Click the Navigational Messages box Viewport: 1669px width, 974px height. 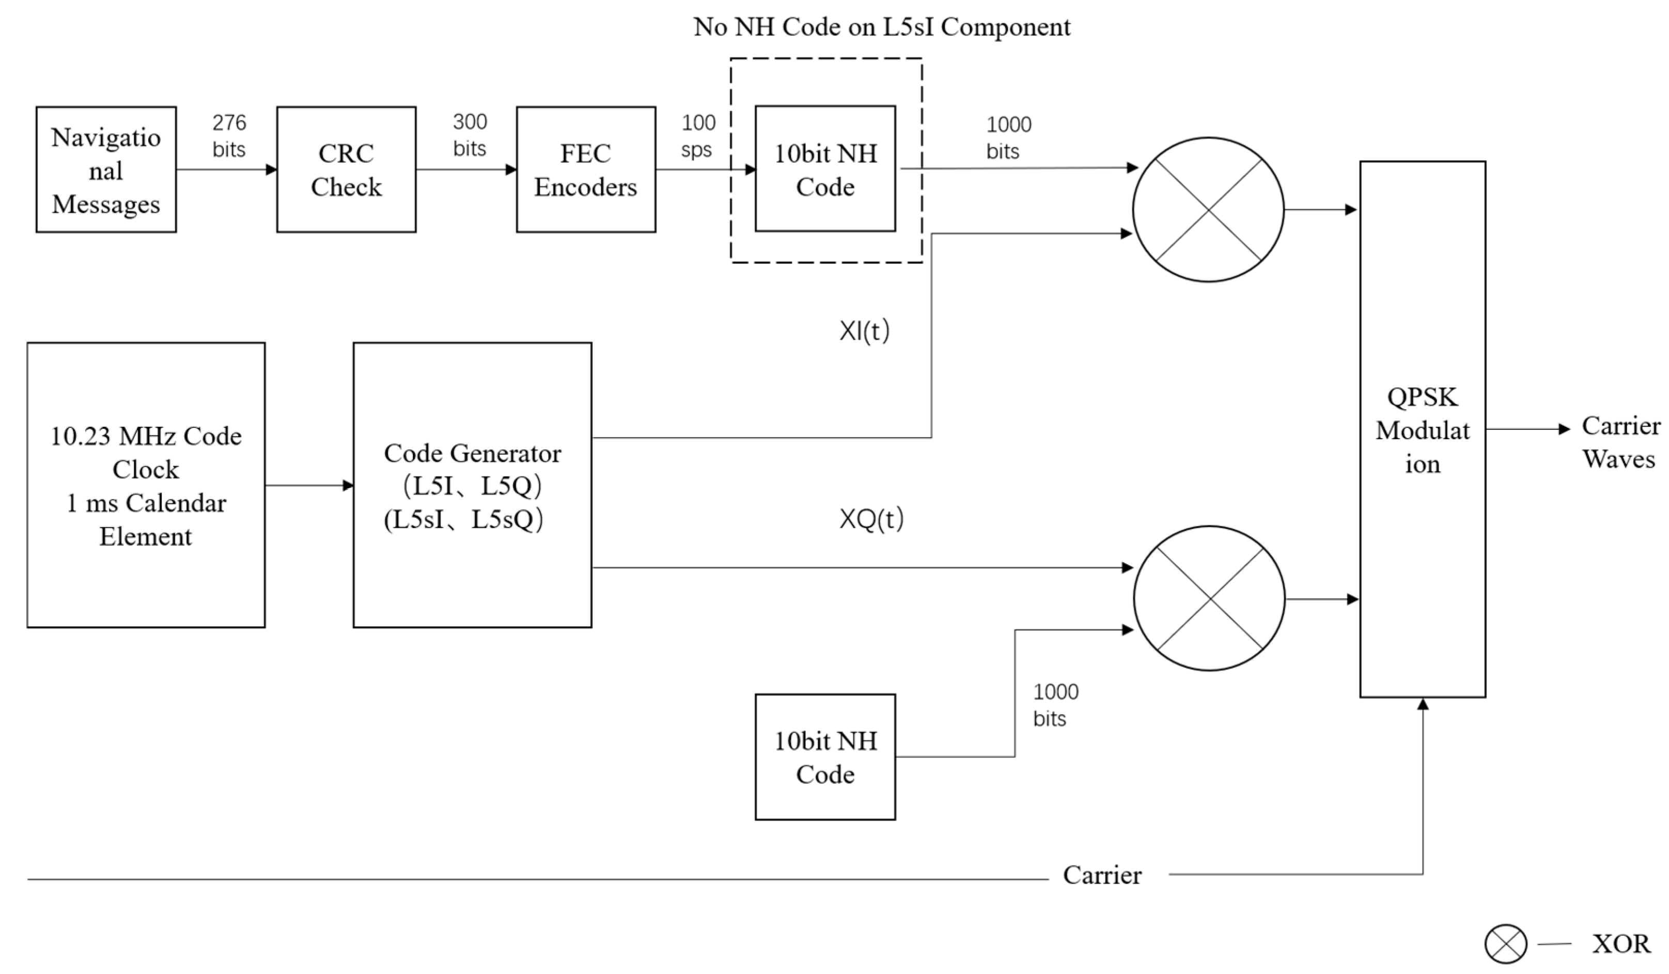click(x=106, y=169)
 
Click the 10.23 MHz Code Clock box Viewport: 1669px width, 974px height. click(x=146, y=485)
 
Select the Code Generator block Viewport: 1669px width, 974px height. click(x=472, y=485)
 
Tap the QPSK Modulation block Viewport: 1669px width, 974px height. click(x=1422, y=429)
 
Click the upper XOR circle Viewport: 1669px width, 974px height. click(x=1208, y=210)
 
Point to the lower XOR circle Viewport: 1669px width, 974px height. click(x=1209, y=598)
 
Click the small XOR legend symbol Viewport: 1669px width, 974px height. click(x=1505, y=944)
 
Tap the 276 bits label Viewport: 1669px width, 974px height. click(x=229, y=136)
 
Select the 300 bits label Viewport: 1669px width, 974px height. click(x=470, y=135)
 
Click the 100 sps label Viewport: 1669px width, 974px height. click(x=698, y=136)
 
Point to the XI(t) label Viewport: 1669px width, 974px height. click(x=864, y=331)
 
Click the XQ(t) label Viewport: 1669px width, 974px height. click(x=870, y=519)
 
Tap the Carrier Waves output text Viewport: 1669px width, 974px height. click(x=1620, y=442)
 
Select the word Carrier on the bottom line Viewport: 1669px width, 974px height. click(x=1102, y=875)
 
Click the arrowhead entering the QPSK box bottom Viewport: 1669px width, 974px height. click(x=1423, y=705)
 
